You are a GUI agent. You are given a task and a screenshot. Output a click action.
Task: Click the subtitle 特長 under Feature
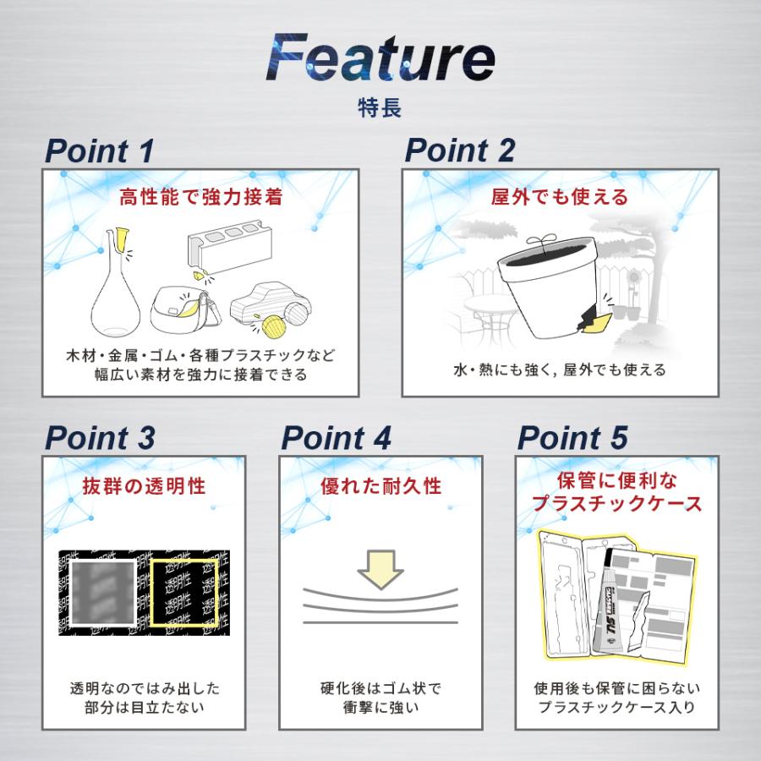(380, 108)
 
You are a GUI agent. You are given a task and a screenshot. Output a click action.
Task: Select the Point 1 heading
(99, 151)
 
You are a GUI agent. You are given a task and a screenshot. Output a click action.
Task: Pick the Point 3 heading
(99, 439)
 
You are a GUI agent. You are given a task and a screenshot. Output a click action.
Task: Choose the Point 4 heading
(336, 439)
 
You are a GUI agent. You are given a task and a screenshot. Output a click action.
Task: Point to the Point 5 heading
(572, 439)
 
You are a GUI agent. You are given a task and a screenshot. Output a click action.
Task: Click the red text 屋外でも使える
(560, 197)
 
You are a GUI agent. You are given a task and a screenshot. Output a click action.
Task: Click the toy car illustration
(270, 307)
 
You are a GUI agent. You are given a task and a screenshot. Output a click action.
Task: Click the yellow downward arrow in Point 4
(380, 568)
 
